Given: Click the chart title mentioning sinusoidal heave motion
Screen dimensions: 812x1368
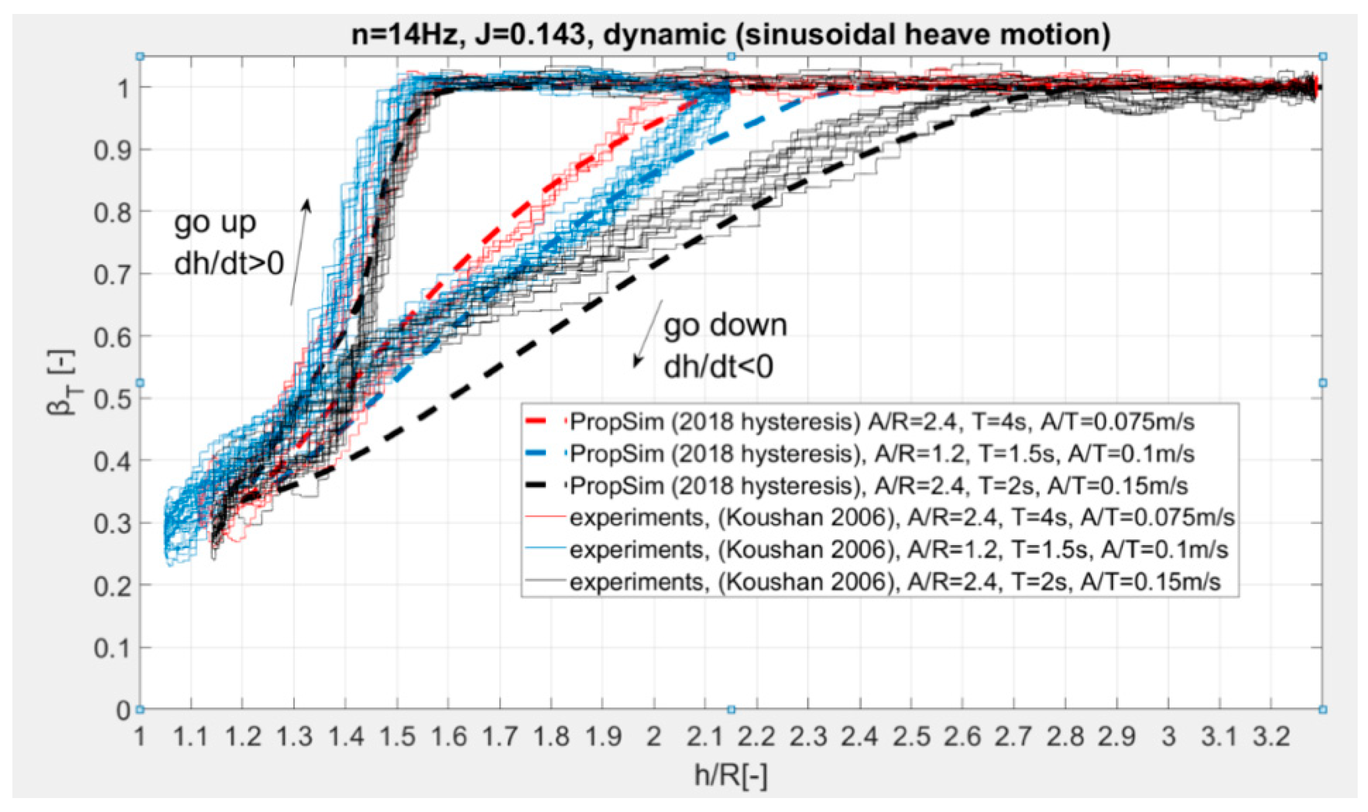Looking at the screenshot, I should tap(730, 34).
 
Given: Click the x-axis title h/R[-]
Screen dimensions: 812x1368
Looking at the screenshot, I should tap(730, 775).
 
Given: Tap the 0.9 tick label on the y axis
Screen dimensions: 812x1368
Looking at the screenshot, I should tap(113, 150).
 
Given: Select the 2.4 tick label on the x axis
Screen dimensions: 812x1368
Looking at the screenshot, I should tap(859, 737).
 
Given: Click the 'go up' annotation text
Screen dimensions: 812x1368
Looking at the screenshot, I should tap(215, 223).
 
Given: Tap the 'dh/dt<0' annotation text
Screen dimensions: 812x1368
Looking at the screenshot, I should tap(718, 366).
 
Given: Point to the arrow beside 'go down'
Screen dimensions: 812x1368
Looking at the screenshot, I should tap(648, 334).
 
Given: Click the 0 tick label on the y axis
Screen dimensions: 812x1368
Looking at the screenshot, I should tap(123, 710).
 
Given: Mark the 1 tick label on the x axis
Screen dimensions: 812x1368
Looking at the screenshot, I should tap(140, 737).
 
